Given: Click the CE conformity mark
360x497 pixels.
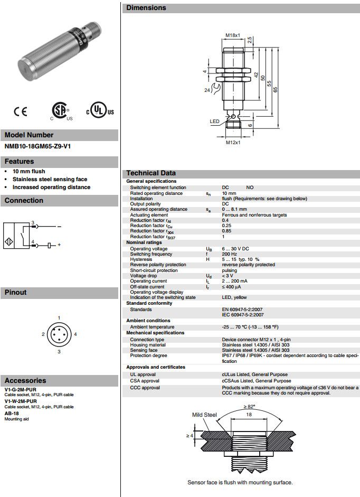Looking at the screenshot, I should click(21, 111).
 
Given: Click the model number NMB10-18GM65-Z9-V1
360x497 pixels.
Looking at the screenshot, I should click(37, 146).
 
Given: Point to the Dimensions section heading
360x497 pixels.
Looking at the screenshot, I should click(146, 8).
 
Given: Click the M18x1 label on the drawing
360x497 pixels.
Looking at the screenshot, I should click(233, 35).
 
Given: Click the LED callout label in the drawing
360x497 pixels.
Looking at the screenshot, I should click(214, 121).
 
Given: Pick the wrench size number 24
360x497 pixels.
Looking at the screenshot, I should click(208, 90).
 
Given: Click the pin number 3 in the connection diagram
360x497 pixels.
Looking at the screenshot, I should click(33, 222).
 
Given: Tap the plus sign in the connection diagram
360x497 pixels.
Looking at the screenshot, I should click(59, 245).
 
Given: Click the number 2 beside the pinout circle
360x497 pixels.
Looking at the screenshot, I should click(43, 334).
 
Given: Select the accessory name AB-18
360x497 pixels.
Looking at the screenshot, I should click(12, 413).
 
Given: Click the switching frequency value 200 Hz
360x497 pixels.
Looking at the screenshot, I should click(230, 254).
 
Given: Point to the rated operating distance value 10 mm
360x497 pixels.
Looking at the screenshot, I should click(229, 193).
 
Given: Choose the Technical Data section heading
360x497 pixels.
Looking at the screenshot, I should click(151, 173).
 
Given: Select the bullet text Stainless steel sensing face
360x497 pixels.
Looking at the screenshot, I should click(50, 179).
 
